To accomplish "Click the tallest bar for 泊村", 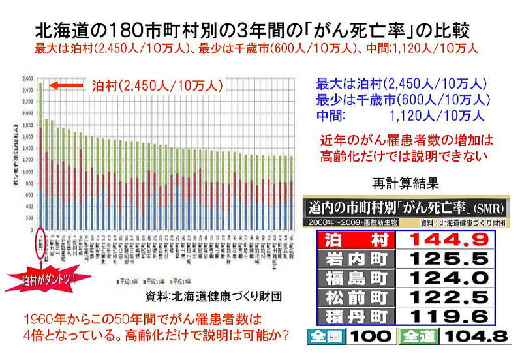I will pos(41,157).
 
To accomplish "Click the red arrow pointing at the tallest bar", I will pos(67,85).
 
